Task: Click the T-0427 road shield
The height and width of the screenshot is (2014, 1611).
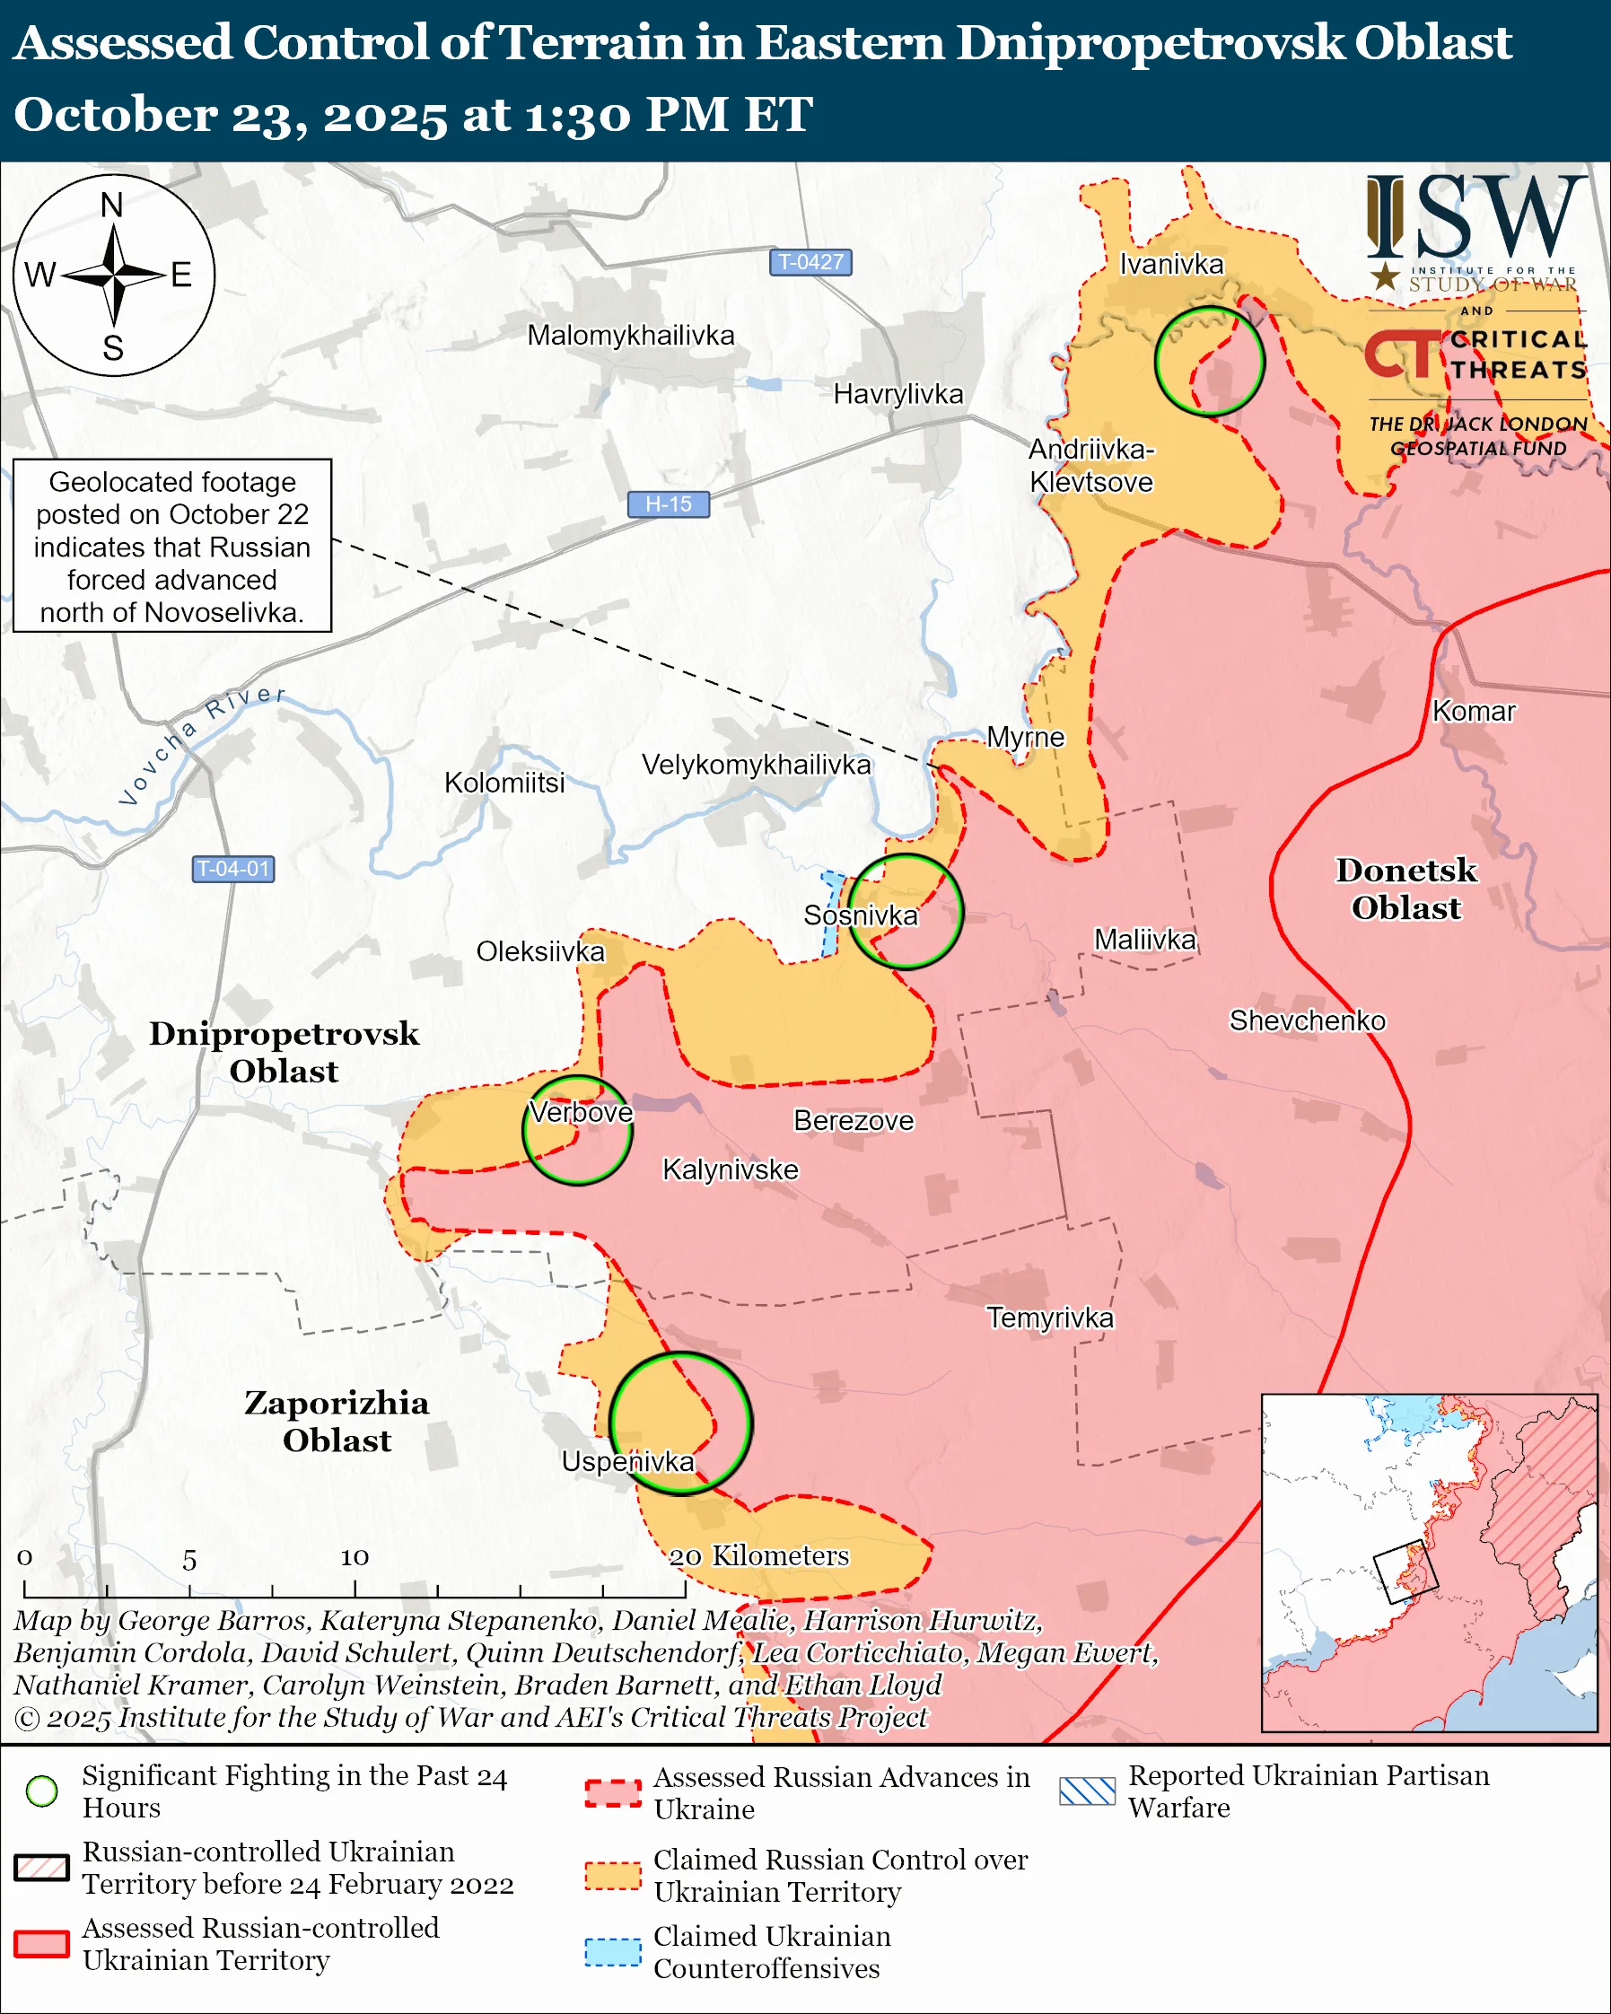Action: click(810, 261)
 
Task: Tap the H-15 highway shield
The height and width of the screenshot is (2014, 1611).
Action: click(668, 503)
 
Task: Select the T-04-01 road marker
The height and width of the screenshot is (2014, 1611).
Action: click(232, 869)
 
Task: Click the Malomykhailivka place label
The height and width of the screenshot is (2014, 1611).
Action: click(630, 336)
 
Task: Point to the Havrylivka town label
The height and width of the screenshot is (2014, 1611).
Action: click(897, 394)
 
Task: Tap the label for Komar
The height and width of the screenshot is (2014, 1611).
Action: click(1473, 711)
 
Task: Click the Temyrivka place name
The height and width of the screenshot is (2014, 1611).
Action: click(1050, 1318)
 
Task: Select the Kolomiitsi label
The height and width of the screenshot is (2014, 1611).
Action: click(504, 783)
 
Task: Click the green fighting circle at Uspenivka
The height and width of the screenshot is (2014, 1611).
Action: click(680, 1423)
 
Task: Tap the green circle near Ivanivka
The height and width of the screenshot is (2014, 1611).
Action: click(1209, 361)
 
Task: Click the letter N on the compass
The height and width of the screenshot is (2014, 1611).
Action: click(112, 205)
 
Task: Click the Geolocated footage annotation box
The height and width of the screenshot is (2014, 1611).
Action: click(173, 546)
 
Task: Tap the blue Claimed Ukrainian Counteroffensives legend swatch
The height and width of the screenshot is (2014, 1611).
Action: click(613, 1952)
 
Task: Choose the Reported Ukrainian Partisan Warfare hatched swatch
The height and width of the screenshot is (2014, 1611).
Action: click(1087, 1791)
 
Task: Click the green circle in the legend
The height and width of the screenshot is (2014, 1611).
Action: click(42, 1791)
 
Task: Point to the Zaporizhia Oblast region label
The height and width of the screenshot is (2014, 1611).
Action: click(337, 1421)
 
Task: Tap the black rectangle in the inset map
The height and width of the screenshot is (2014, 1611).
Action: click(1405, 1572)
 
